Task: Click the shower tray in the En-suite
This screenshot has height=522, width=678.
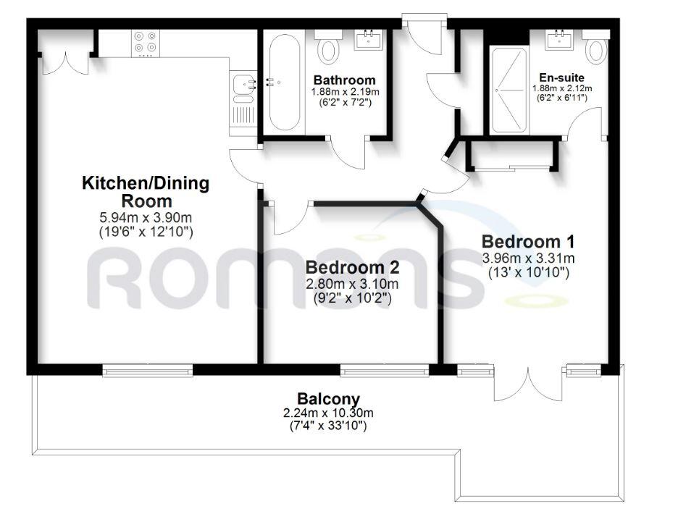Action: [510, 90]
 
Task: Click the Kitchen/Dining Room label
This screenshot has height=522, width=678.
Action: [146, 192]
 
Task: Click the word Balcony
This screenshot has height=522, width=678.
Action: [328, 399]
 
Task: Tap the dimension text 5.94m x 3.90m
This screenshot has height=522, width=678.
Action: [146, 217]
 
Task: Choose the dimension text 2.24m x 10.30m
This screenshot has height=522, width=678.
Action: [328, 413]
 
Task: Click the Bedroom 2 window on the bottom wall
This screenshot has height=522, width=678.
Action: [385, 371]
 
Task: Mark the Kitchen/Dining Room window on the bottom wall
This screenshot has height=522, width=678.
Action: [148, 371]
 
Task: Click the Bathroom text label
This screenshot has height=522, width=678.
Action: [344, 80]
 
